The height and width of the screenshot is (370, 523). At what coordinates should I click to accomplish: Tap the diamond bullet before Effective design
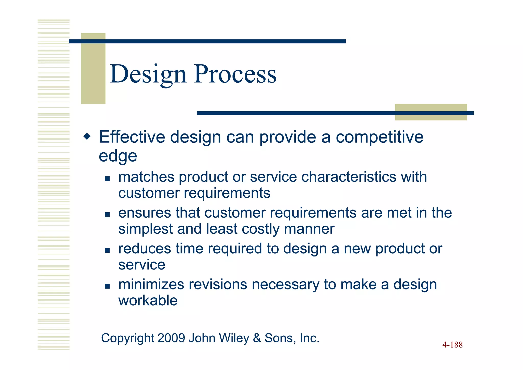pyautogui.click(x=87, y=136)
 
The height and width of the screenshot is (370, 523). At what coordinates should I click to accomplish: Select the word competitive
pyautogui.click(x=379, y=137)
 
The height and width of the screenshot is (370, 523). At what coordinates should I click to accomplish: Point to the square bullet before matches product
pyautogui.click(x=107, y=178)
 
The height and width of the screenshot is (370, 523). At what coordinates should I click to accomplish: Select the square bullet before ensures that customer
pyautogui.click(x=107, y=214)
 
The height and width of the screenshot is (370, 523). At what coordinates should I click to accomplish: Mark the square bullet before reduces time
pyautogui.click(x=107, y=250)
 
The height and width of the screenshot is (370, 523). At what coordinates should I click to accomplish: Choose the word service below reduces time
pyautogui.click(x=142, y=265)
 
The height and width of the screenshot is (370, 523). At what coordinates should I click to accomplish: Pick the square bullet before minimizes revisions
pyautogui.click(x=107, y=286)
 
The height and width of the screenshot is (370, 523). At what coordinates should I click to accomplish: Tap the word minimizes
pyautogui.click(x=151, y=284)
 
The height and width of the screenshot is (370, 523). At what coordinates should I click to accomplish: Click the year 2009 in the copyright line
pyautogui.click(x=171, y=338)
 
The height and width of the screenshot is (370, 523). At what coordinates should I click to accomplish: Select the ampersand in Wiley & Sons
pyautogui.click(x=257, y=338)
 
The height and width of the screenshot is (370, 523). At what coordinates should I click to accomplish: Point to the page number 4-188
pyautogui.click(x=452, y=345)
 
